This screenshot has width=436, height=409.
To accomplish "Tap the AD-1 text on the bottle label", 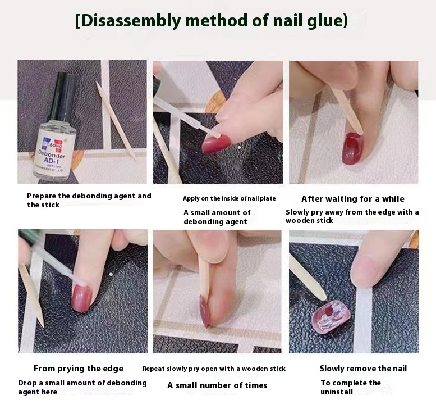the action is point(52,161).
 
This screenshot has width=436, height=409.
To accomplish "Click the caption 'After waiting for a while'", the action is point(353,199).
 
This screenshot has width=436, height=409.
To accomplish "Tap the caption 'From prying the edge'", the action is point(79,369).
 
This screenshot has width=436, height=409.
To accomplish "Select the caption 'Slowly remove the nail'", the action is point(363,369).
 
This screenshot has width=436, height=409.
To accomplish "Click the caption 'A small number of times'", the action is point(217,385).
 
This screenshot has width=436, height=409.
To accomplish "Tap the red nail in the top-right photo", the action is point(352,149).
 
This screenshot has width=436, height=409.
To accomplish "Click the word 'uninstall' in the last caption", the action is point(337,392).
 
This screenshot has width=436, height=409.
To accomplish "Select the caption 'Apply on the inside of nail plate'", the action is point(230,198).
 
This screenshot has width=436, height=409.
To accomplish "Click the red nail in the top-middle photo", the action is point(217,144).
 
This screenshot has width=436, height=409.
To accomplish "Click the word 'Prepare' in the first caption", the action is point(41,196).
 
